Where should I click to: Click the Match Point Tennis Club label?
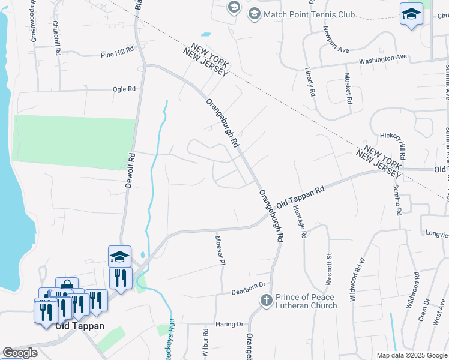[309, 14]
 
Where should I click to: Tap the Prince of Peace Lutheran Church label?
[306, 301]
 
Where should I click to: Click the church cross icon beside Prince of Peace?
[267, 299]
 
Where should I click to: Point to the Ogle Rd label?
[124, 89]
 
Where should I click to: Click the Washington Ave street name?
[383, 59]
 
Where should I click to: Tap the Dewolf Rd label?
[128, 170]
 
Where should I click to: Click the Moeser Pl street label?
[220, 250]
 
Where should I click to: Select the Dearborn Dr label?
[249, 292]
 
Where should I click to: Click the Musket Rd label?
[348, 88]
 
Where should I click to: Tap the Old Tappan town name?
[80, 326]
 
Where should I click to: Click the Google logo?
[20, 352]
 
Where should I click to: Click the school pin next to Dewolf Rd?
[119, 256]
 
